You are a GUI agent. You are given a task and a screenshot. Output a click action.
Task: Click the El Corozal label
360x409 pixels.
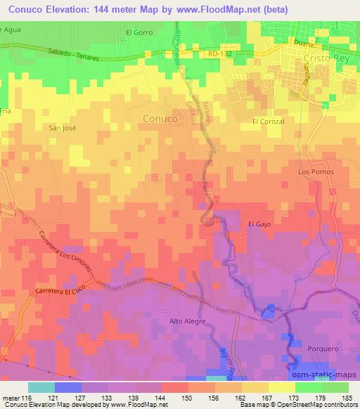pos(267,122)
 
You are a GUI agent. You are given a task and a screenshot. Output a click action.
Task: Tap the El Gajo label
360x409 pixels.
pos(259,223)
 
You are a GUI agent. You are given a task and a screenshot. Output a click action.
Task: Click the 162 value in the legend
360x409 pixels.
pos(240,397)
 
